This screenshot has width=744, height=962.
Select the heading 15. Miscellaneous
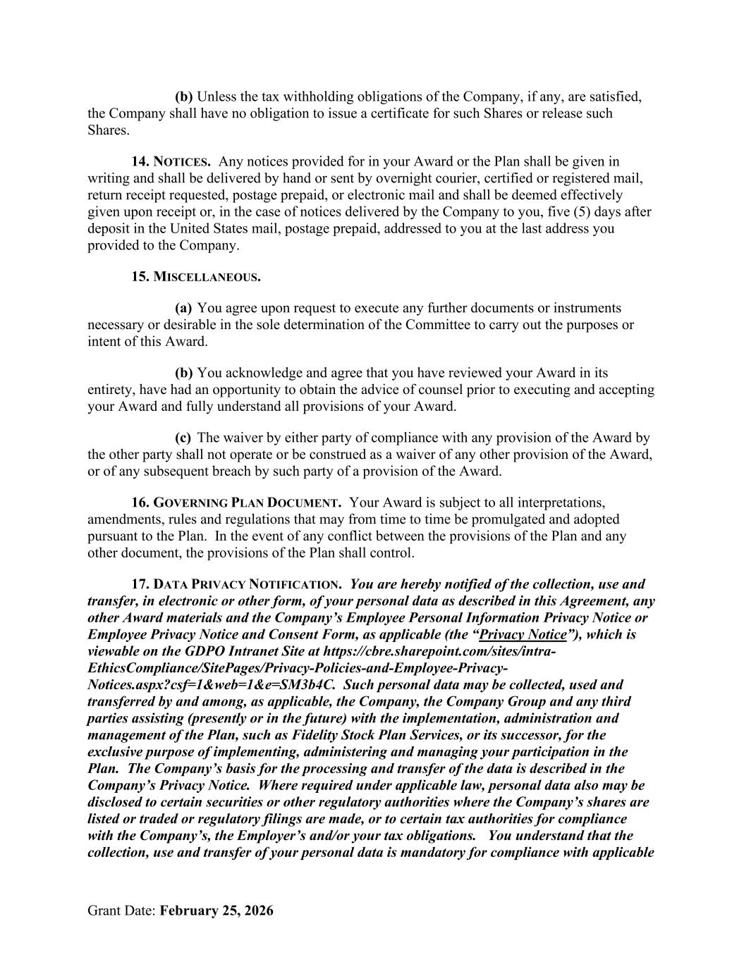point(195,277)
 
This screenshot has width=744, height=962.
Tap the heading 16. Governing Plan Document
point(236,503)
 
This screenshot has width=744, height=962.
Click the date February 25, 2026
point(217,911)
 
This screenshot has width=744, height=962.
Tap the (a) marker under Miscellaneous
point(183,309)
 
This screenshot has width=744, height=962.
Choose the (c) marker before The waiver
point(183,438)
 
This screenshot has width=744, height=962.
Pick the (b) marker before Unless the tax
point(183,97)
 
